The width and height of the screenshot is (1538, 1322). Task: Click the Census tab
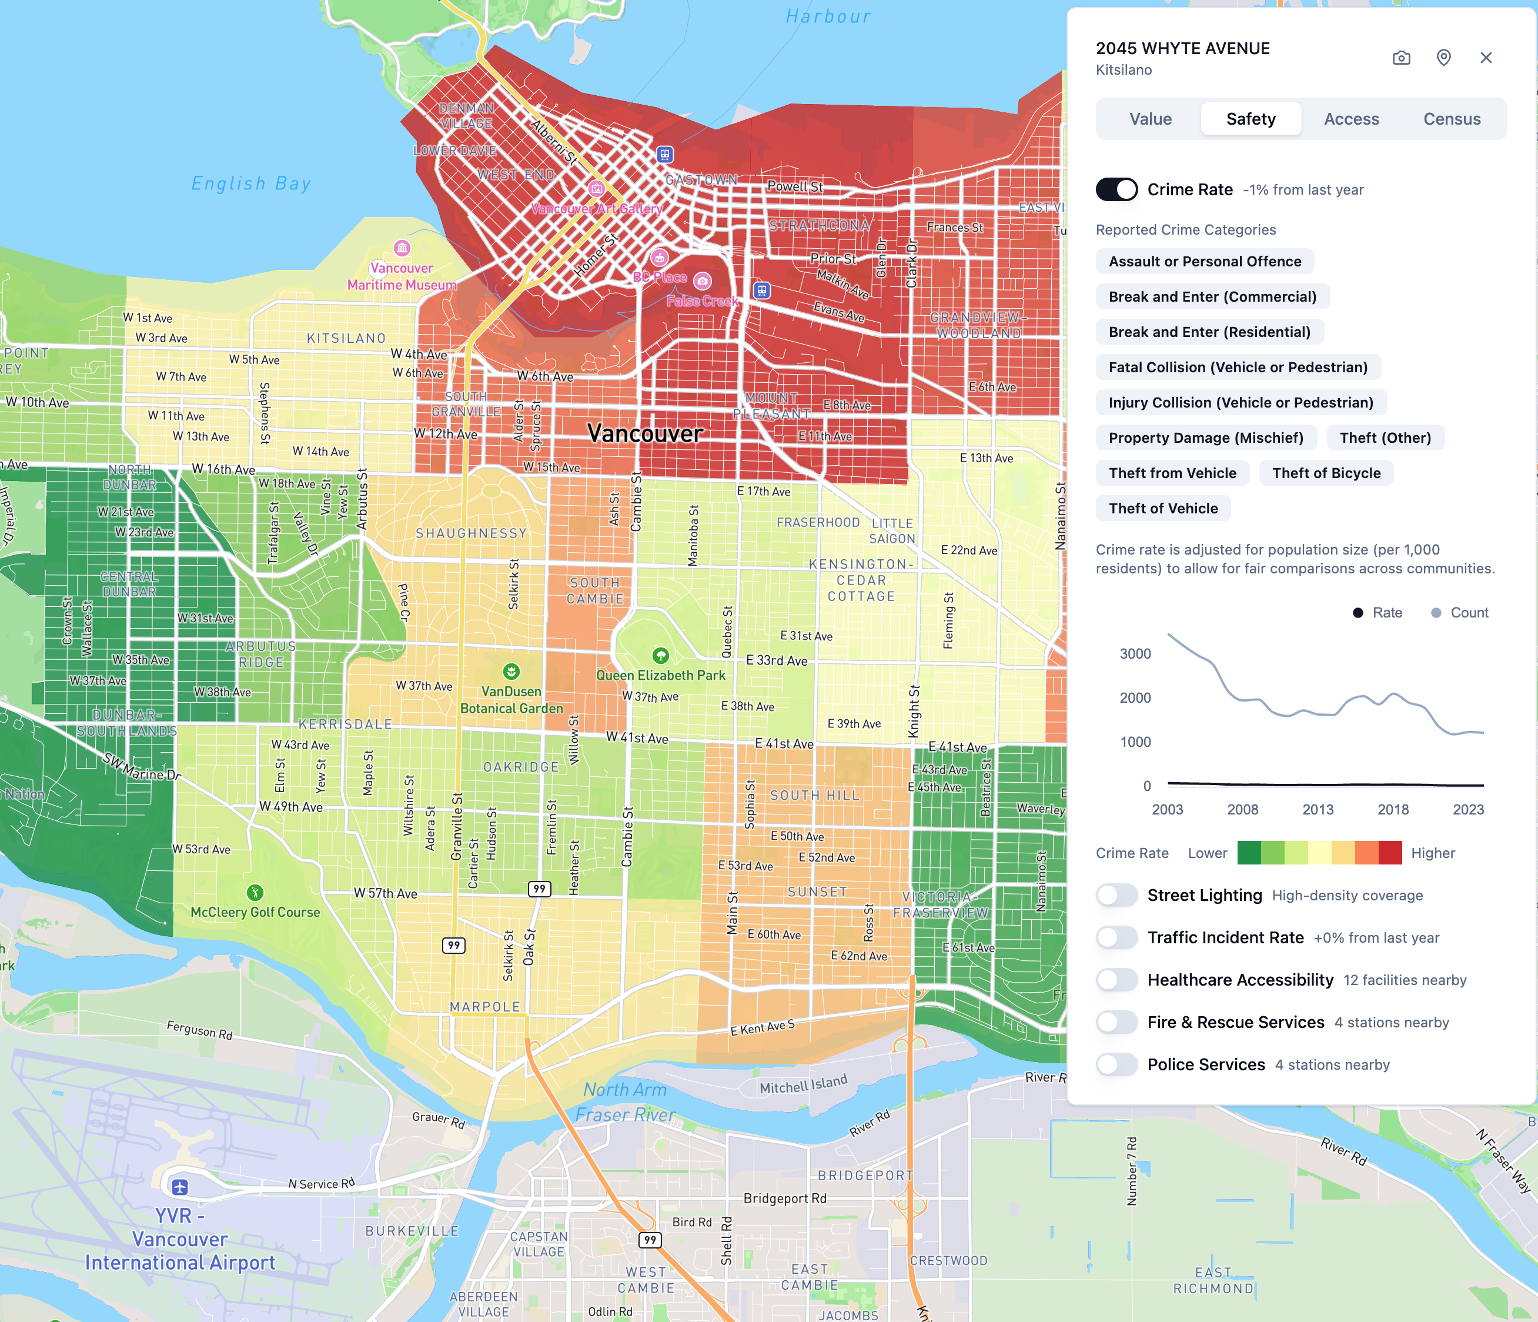1451,119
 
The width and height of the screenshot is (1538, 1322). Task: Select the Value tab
1150,119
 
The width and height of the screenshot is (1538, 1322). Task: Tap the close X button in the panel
1485,58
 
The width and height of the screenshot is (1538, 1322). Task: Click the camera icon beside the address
1400,58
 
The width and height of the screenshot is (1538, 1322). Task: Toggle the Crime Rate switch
1116,189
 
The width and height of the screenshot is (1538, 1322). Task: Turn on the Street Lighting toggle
1116,895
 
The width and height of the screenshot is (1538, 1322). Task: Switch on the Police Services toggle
1116,1064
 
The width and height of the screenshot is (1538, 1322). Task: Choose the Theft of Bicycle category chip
1326,473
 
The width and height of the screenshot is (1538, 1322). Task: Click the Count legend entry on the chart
1459,612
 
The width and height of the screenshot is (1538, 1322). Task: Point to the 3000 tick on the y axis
1135,654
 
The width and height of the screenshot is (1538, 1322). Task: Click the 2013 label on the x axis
1318,810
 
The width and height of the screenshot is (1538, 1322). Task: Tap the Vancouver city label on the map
644,433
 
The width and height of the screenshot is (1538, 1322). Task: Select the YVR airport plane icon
180,1187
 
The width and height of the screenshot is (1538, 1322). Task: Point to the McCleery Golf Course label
255,912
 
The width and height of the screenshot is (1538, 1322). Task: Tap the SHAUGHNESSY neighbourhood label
470,533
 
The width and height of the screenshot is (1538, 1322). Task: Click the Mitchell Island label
803,1085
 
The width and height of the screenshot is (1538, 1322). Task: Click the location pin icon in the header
1443,58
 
